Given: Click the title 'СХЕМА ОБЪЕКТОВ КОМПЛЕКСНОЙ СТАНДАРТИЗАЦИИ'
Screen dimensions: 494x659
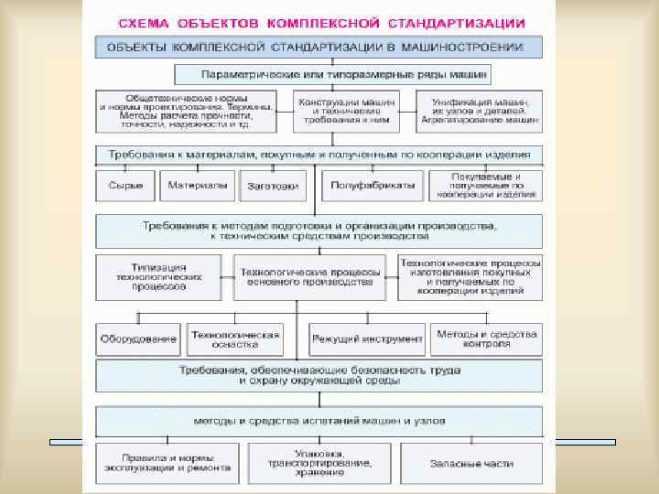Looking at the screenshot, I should coord(320,21).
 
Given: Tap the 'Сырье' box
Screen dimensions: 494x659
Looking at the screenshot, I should coord(125,186).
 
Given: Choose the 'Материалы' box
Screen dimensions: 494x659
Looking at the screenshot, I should coord(197,186).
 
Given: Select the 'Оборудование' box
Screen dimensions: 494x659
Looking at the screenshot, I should coord(137,338).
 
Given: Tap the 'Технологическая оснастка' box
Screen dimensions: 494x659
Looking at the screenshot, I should coord(234,338).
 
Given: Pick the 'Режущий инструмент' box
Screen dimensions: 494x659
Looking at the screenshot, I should coord(366,338).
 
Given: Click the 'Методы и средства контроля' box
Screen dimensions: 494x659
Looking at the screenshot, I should coord(487,338).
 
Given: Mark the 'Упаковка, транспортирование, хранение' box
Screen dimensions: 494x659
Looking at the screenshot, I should coord(319,463).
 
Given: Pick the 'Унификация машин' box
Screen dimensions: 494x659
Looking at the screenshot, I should coord(480,111).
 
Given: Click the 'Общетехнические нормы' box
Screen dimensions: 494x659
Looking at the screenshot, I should coord(187,111).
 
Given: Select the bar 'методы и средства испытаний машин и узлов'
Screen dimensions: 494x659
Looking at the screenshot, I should coord(319,422).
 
